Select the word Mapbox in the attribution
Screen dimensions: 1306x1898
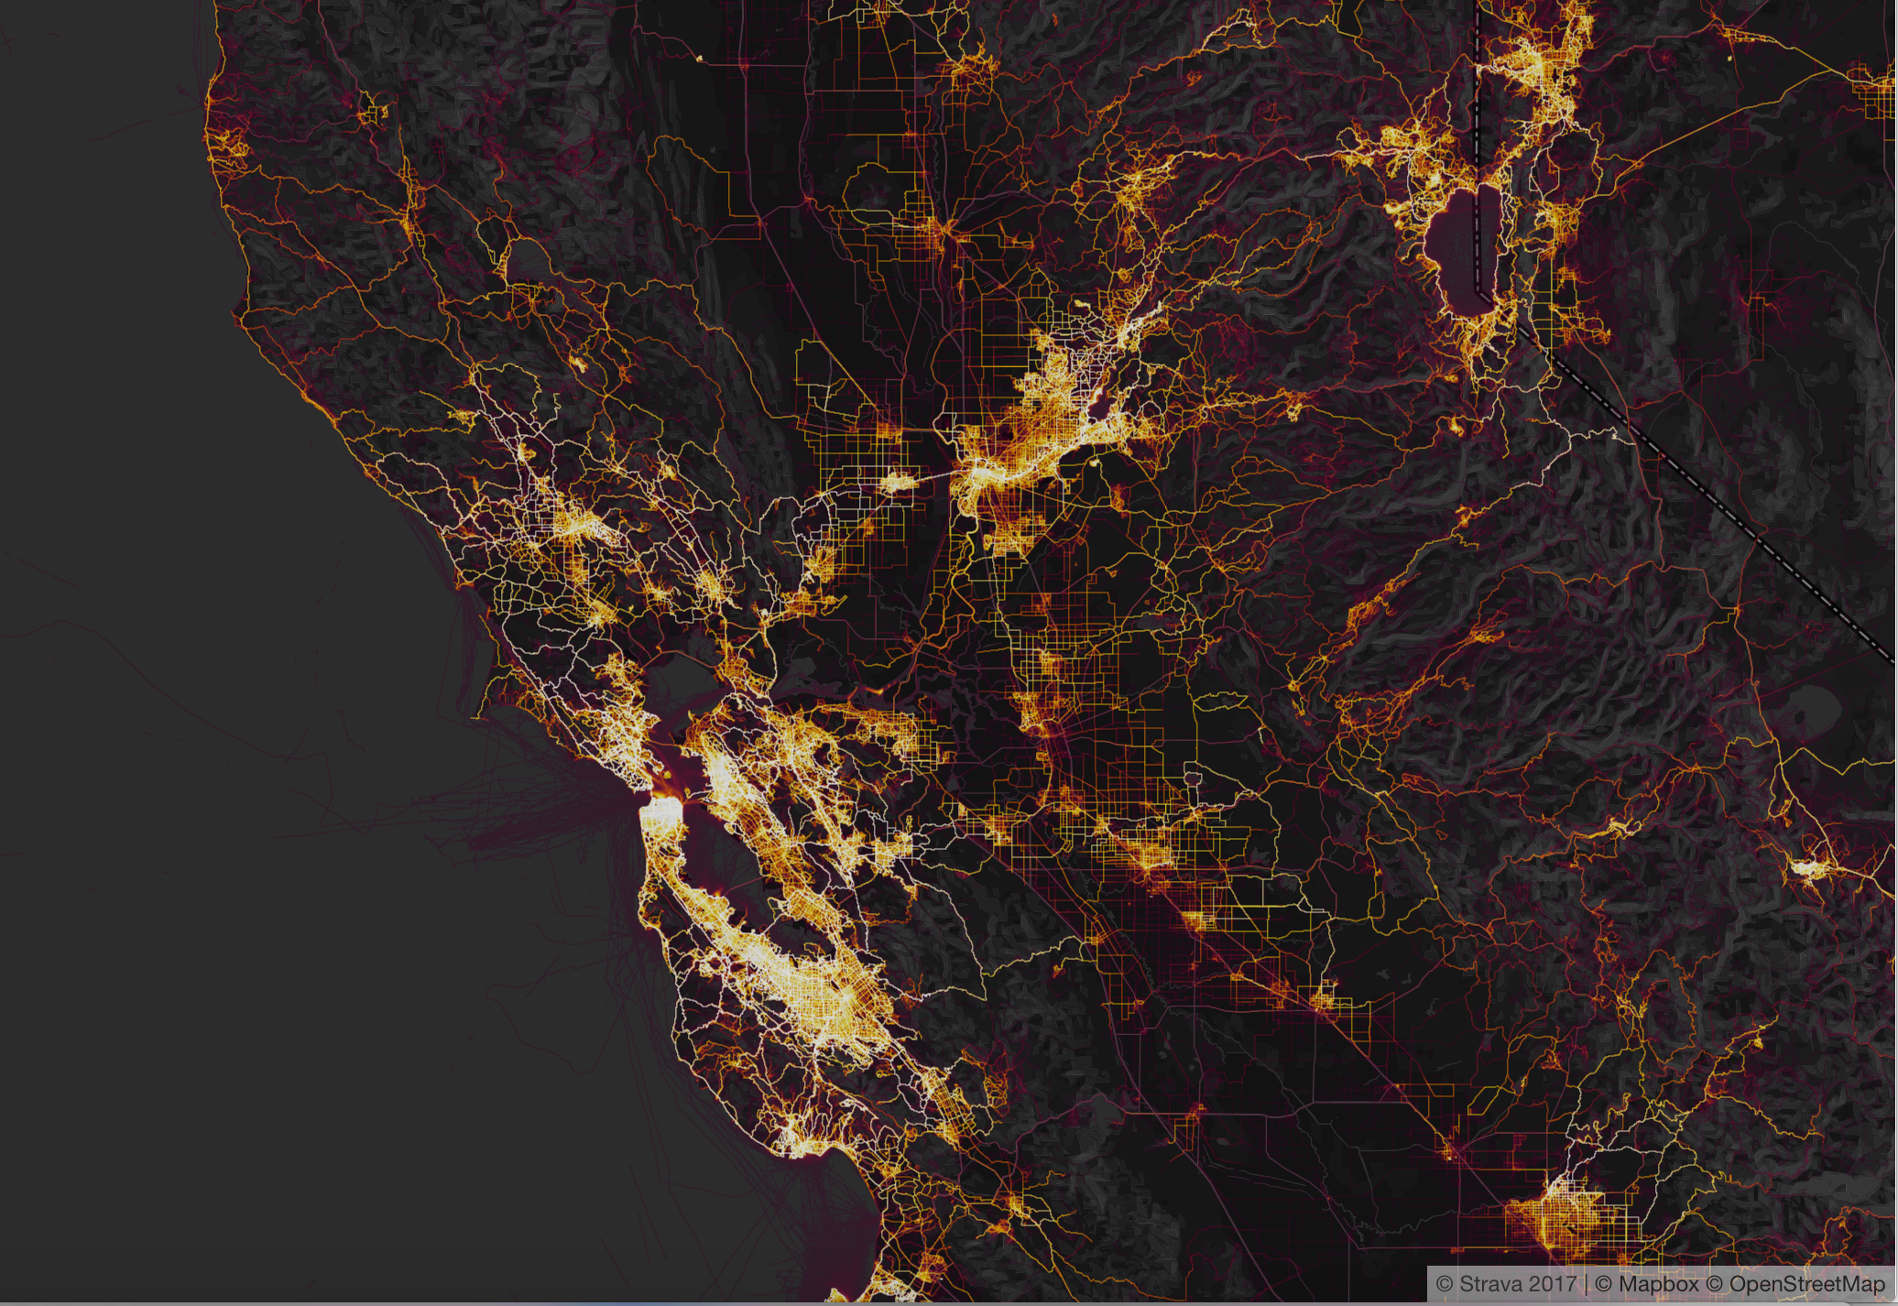tap(1658, 1284)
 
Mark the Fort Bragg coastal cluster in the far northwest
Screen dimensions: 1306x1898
tap(224, 147)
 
